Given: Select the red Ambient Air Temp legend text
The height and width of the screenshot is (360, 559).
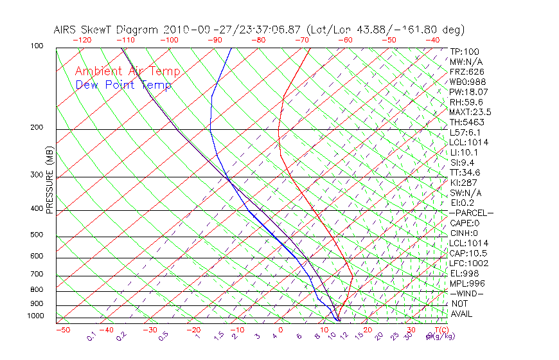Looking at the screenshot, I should pyautogui.click(x=127, y=71).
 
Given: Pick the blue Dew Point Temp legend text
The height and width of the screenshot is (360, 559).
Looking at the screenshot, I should pyautogui.click(x=123, y=85).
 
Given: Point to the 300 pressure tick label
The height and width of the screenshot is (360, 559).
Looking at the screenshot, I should pyautogui.click(x=37, y=175).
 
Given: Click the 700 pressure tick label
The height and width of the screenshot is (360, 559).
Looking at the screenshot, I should pyautogui.click(x=37, y=274).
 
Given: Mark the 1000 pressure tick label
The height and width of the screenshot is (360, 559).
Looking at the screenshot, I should pyautogui.click(x=35, y=316).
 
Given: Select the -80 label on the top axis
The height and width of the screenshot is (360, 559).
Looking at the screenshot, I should pyautogui.click(x=257, y=40).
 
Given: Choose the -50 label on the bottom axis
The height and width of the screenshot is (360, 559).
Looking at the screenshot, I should pyautogui.click(x=62, y=330).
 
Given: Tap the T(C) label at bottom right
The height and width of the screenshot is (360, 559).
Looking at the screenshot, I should pyautogui.click(x=437, y=330).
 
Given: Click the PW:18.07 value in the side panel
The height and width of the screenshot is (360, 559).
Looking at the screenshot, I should pyautogui.click(x=468, y=92).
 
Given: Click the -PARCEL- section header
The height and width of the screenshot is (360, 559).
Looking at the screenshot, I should pyautogui.click(x=472, y=213).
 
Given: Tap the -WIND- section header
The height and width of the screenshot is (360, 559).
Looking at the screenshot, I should pyautogui.click(x=467, y=293).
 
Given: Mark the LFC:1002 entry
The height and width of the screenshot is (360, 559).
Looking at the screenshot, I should pyautogui.click(x=469, y=263).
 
